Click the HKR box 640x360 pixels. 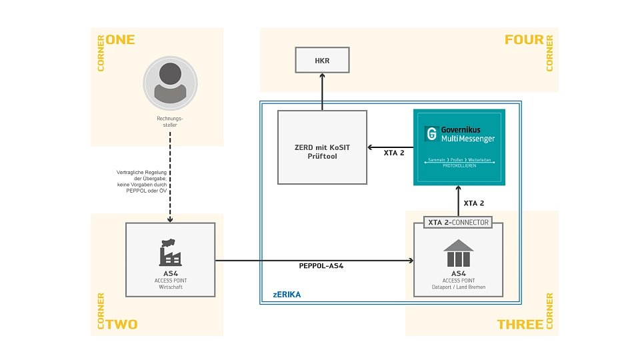[x=322, y=60]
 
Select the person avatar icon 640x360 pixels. [x=170, y=83]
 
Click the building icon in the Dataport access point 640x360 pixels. [x=458, y=254]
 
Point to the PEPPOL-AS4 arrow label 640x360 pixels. [x=321, y=266]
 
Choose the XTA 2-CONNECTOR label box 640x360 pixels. [x=458, y=222]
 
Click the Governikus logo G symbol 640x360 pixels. [x=431, y=133]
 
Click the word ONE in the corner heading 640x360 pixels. [x=120, y=39]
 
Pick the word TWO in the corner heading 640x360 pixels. [x=121, y=325]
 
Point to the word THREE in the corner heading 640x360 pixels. [x=520, y=325]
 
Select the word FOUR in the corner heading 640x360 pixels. [x=524, y=39]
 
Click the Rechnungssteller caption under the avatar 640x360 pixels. [x=170, y=121]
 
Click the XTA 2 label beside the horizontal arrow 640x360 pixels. [x=394, y=153]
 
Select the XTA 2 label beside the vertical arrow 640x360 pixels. [x=474, y=203]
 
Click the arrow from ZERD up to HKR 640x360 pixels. [x=322, y=91]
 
